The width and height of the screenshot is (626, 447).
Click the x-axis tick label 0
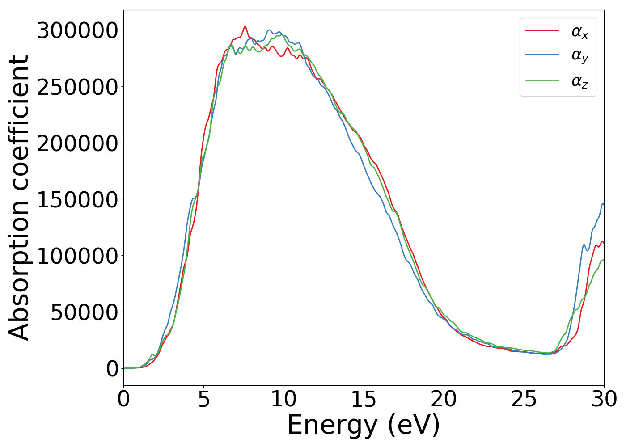(x=123, y=399)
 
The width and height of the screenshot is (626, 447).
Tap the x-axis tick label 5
(x=203, y=399)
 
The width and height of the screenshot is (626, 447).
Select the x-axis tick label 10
(x=283, y=399)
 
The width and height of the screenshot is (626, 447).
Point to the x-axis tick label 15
(x=364, y=399)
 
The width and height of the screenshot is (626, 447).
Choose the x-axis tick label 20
(x=444, y=399)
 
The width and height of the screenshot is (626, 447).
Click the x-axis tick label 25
(x=524, y=399)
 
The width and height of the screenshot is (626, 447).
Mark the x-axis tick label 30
(x=604, y=399)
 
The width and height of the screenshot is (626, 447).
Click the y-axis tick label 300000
(x=77, y=31)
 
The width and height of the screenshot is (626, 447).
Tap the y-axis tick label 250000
(x=77, y=87)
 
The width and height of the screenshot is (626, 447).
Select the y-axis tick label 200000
(x=77, y=143)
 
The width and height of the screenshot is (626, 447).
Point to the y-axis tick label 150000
(x=77, y=200)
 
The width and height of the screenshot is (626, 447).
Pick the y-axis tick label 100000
(x=77, y=256)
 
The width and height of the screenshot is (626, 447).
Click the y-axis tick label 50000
(x=84, y=312)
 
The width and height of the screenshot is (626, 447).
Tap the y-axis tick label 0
(x=112, y=369)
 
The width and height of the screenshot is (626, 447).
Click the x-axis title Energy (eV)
(x=364, y=425)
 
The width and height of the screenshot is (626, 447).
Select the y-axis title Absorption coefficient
(x=19, y=198)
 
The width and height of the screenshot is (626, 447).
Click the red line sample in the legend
(x=542, y=31)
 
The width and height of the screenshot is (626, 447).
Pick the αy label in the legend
(x=579, y=56)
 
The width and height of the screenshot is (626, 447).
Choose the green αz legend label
(x=579, y=81)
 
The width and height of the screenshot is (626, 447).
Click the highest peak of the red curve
(x=245, y=27)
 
